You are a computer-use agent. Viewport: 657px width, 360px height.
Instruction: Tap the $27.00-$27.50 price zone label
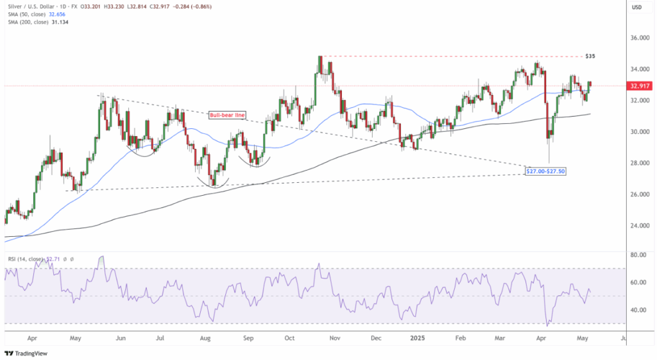coord(545,171)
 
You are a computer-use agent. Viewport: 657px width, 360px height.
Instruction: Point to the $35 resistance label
coord(590,56)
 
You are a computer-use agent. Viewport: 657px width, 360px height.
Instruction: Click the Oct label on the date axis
coord(290,336)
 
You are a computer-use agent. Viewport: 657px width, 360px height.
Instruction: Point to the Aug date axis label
coord(205,336)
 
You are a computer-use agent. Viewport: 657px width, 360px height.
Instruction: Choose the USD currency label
coord(637,7)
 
